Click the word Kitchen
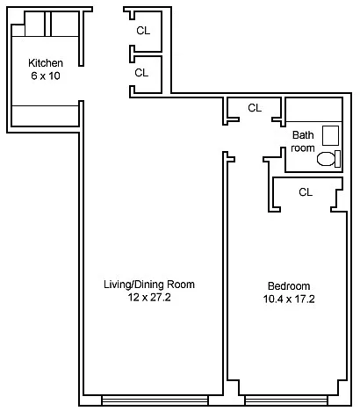click(x=45, y=62)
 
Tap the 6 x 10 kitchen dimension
click(x=45, y=76)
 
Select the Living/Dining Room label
click(x=149, y=285)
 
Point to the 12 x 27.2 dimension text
click(x=149, y=298)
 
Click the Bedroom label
click(x=288, y=286)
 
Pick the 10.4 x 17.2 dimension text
click(x=288, y=299)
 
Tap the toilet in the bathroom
click(x=327, y=159)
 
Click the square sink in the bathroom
click(x=331, y=135)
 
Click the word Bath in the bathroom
click(x=302, y=135)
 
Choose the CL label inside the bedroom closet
click(x=306, y=191)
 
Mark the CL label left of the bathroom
click(x=255, y=108)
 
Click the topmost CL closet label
click(x=142, y=30)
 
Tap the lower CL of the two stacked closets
click(x=141, y=73)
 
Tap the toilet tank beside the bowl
click(x=339, y=159)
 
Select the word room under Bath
click(x=302, y=148)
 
